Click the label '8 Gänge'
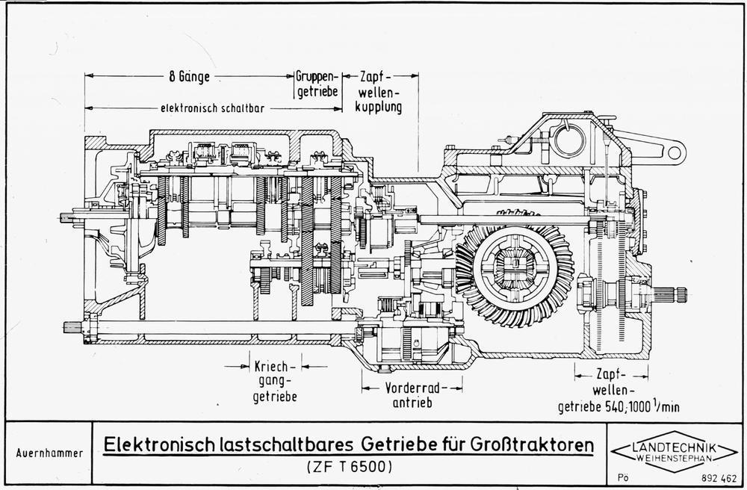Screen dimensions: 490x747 (188, 76)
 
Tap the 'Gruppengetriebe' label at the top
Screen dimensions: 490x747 (317, 84)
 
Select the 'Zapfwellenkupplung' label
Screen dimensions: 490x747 (380, 91)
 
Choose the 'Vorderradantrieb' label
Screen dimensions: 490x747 (412, 396)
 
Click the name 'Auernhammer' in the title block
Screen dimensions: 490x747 (49, 453)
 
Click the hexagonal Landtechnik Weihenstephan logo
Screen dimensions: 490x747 (673, 451)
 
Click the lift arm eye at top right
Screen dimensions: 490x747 (675, 153)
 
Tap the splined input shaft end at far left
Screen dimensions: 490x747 (69, 217)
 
